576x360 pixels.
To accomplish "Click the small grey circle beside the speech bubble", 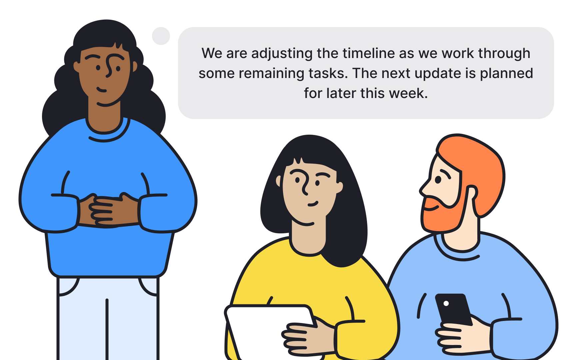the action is pyautogui.click(x=161, y=36).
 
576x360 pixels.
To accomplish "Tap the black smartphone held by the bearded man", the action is pyautogui.click(x=454, y=309).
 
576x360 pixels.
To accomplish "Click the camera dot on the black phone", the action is pyautogui.click(x=446, y=303).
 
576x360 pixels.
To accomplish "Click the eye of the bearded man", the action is pyautogui.click(x=438, y=180).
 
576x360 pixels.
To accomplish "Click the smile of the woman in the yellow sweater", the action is pyautogui.click(x=313, y=204).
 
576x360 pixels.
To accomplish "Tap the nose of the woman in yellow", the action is pyautogui.click(x=305, y=183).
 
